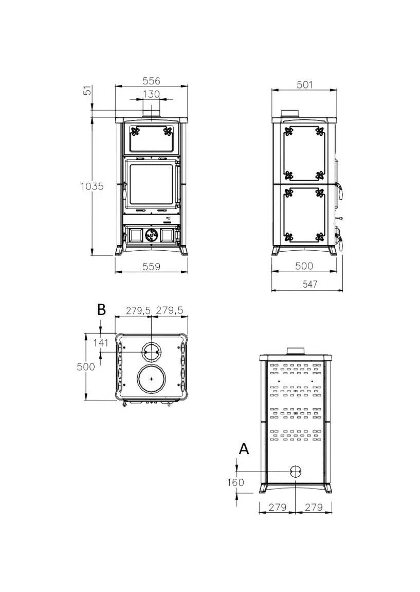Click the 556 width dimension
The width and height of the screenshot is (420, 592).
[x=151, y=81]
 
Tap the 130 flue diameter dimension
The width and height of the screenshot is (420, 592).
[x=151, y=94]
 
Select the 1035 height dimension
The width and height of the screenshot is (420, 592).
[x=92, y=186]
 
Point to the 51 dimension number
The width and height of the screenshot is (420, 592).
[x=87, y=91]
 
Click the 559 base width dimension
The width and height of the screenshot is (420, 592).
[x=151, y=267]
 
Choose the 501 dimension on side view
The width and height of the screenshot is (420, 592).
[x=305, y=84]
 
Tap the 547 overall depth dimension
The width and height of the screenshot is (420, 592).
[x=310, y=284]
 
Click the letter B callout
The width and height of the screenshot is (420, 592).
[x=101, y=309]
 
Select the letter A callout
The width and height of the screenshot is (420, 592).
[x=244, y=449]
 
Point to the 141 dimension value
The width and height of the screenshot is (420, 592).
[x=101, y=343]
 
